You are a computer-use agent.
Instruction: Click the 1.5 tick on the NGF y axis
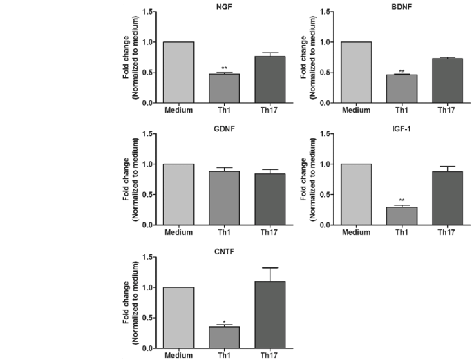pyautogui.click(x=147, y=12)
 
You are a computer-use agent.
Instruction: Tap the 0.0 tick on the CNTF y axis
pyautogui.click(x=147, y=348)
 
